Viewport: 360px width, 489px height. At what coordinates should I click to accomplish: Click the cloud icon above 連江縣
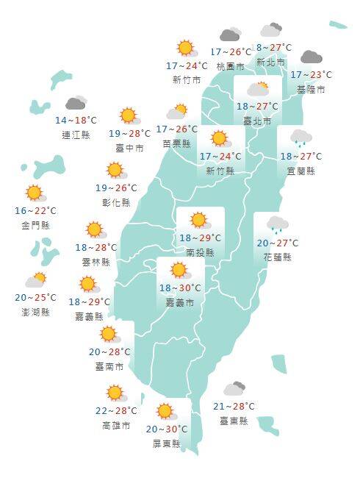pyautogui.click(x=76, y=104)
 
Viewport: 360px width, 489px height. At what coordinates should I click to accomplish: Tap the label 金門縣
pyautogui.click(x=35, y=224)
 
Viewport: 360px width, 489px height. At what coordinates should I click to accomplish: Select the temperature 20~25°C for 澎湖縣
pyautogui.click(x=35, y=298)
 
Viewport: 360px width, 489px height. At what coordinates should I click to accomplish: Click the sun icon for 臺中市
pyautogui.click(x=129, y=115)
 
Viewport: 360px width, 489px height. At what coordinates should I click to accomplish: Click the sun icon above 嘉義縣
pyautogui.click(x=88, y=285)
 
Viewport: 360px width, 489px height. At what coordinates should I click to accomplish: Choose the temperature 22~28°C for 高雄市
pyautogui.click(x=116, y=411)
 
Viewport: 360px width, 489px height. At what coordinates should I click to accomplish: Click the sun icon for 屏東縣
pyautogui.click(x=165, y=411)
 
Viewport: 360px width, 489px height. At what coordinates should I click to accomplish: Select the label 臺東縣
pyautogui.click(x=234, y=421)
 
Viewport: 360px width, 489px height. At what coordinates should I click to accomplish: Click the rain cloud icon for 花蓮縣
pyautogui.click(x=277, y=224)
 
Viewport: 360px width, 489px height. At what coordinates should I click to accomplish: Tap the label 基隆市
pyautogui.click(x=311, y=89)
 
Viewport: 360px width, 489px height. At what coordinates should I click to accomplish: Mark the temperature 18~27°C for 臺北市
pyautogui.click(x=257, y=106)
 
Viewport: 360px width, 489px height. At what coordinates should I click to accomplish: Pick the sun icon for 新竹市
pyautogui.click(x=186, y=49)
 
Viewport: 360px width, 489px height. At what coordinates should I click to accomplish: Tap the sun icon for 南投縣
pyautogui.click(x=198, y=220)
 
